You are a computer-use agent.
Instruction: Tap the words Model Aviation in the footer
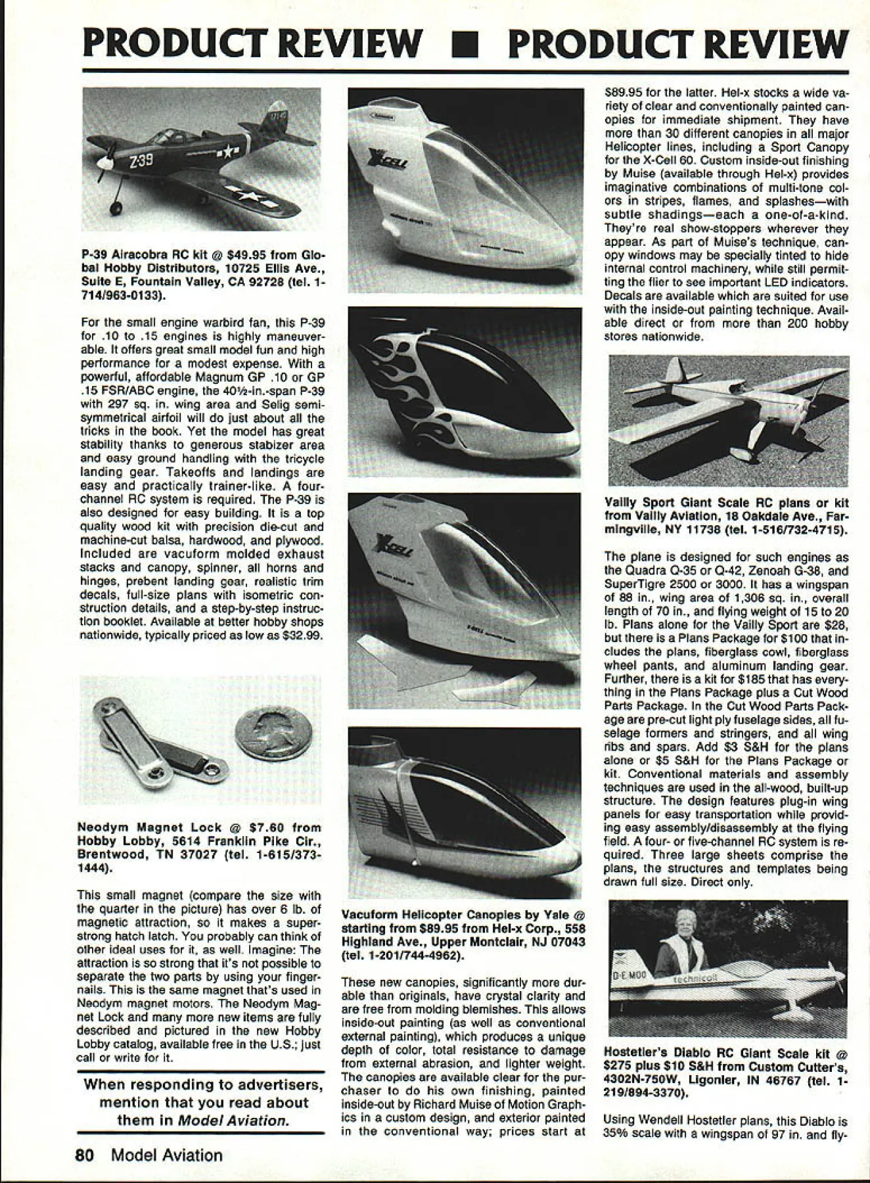[167, 1155]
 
